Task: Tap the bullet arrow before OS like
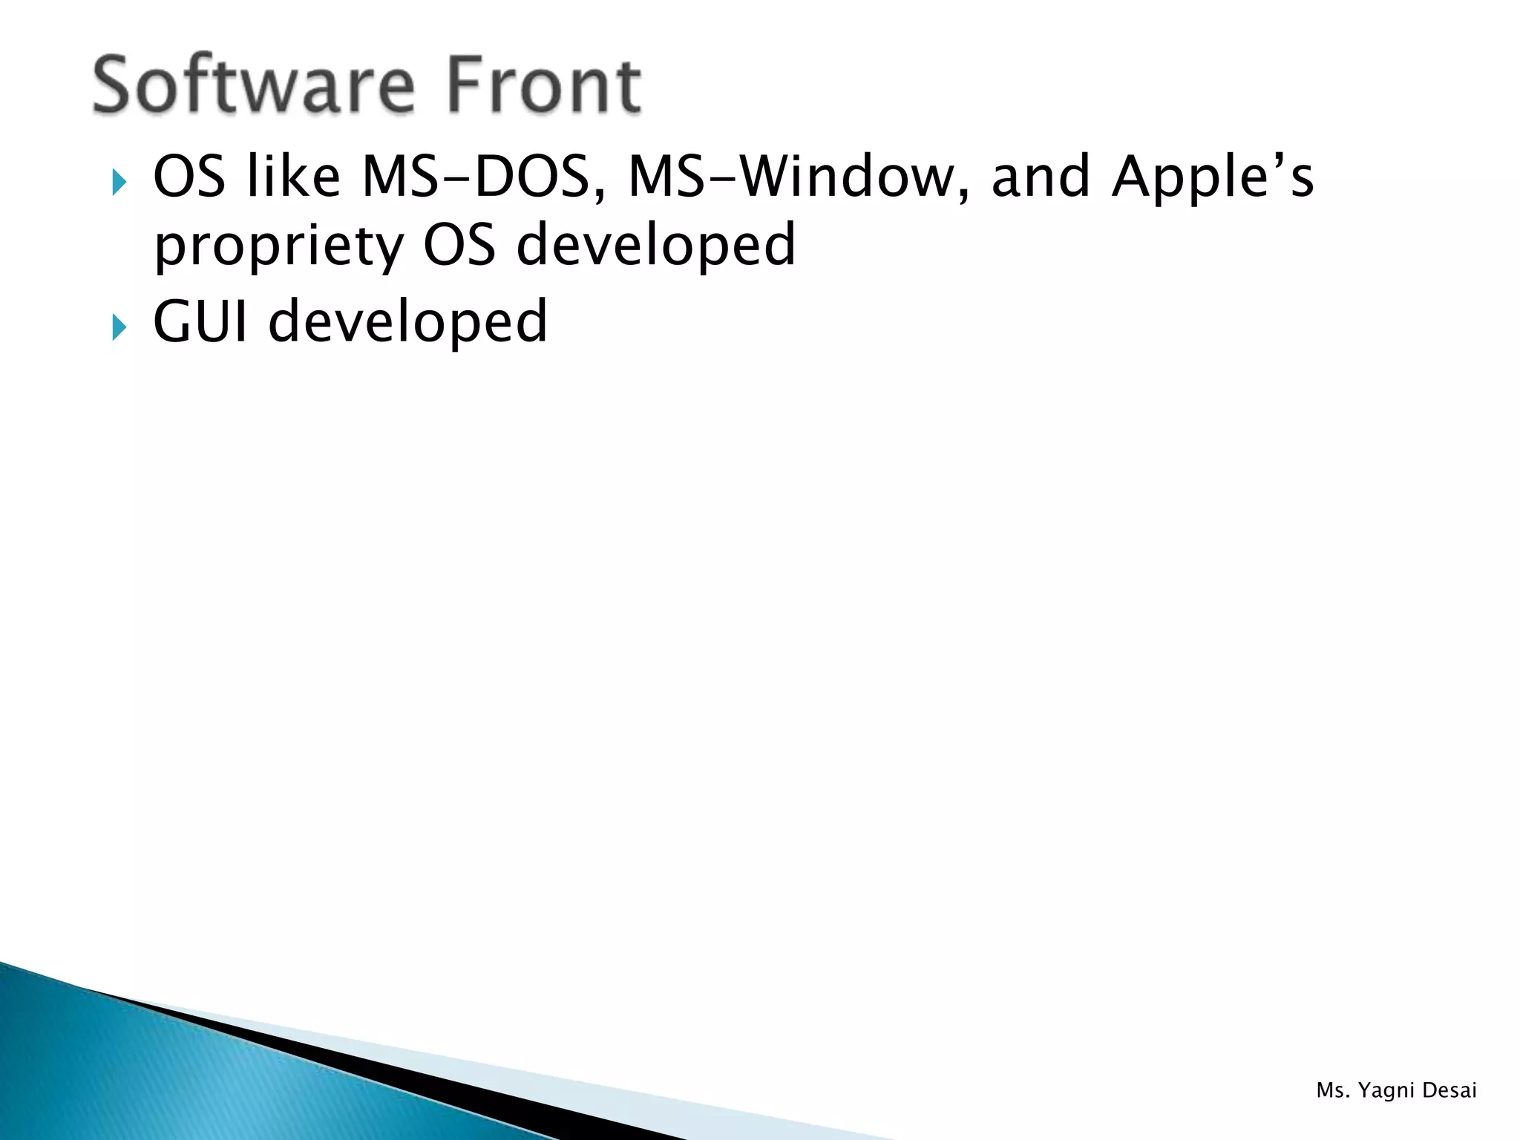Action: (x=119, y=181)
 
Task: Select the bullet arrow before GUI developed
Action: (x=119, y=326)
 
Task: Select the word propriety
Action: (x=279, y=248)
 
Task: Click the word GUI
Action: (x=200, y=322)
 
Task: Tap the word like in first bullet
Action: (x=293, y=178)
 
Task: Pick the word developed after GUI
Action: (x=407, y=322)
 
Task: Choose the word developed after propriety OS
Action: (x=656, y=246)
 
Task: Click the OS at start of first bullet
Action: (x=189, y=178)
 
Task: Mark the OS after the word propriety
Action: (x=459, y=246)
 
